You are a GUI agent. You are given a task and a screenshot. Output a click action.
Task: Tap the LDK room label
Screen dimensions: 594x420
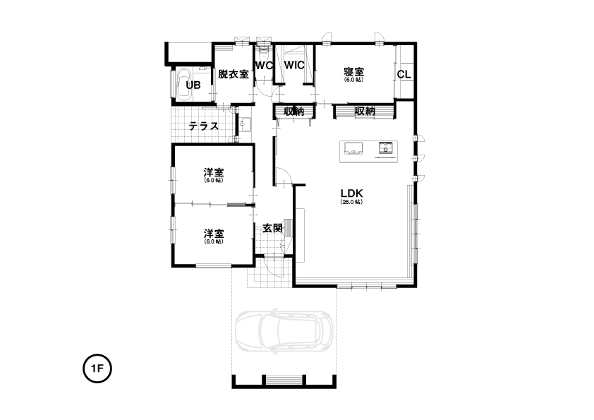pyautogui.click(x=351, y=193)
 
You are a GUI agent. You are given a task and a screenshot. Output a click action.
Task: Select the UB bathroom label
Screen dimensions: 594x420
pyautogui.click(x=193, y=85)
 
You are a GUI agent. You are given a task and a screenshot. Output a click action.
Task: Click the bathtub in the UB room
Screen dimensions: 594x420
pyautogui.click(x=182, y=84)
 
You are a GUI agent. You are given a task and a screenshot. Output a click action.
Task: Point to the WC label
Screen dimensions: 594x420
pyautogui.click(x=264, y=65)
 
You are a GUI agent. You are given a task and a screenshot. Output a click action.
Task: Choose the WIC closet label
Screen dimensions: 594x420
pyautogui.click(x=294, y=65)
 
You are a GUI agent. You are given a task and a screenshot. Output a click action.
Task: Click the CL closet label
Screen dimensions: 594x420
pyautogui.click(x=404, y=74)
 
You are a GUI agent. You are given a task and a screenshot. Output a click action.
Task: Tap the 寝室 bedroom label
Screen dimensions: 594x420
pyautogui.click(x=354, y=71)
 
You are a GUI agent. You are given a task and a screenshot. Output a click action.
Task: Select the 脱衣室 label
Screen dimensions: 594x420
pyautogui.click(x=234, y=74)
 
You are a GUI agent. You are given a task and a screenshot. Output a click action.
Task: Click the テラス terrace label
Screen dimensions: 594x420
pyautogui.click(x=204, y=126)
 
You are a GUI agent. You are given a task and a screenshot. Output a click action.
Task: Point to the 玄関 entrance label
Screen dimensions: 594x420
pyautogui.click(x=272, y=228)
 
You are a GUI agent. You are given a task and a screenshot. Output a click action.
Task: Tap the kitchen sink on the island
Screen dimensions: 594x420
pyautogui.click(x=353, y=148)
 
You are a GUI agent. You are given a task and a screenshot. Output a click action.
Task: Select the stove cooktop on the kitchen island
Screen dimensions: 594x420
pyautogui.click(x=386, y=147)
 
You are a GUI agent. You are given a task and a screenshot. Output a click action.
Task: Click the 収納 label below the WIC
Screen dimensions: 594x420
pyautogui.click(x=294, y=112)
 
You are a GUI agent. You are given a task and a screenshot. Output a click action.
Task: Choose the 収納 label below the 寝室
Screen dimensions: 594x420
pyautogui.click(x=365, y=111)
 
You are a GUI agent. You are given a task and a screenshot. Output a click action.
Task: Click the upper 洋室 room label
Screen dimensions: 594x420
pyautogui.click(x=214, y=172)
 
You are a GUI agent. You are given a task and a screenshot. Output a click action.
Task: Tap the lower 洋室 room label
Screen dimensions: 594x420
pyautogui.click(x=214, y=233)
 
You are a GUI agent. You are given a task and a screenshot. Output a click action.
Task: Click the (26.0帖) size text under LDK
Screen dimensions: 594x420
pyautogui.click(x=351, y=202)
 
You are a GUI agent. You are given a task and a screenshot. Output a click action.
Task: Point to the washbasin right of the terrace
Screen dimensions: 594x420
pyautogui.click(x=246, y=124)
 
